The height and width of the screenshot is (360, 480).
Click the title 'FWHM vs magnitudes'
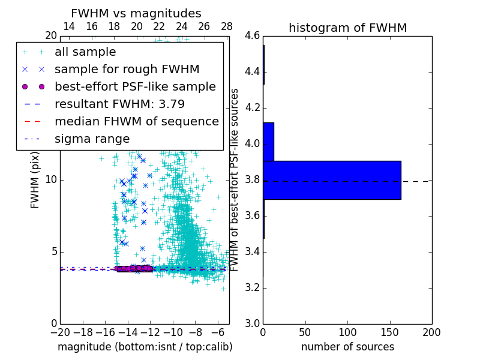[136, 13]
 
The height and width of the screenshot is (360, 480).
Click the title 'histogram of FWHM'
[347, 28]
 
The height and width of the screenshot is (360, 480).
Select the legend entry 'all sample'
[85, 52]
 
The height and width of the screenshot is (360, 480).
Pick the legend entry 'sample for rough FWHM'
[127, 70]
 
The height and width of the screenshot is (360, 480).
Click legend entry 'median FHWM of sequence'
[136, 122]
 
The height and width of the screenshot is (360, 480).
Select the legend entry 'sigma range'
[92, 139]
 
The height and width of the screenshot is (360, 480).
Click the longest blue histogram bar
[332, 180]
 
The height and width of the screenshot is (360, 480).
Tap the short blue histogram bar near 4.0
[268, 142]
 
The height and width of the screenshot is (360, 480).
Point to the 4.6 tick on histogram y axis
[252, 36]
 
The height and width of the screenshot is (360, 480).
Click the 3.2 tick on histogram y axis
[252, 287]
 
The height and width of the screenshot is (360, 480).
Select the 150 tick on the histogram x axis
[389, 332]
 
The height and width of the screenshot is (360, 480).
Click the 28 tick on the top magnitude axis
[227, 26]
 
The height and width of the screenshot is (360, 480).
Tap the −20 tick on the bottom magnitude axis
[60, 332]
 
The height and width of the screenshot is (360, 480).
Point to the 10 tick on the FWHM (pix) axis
[51, 180]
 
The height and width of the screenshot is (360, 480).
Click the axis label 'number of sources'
[347, 347]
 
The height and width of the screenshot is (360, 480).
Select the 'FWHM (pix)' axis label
[35, 180]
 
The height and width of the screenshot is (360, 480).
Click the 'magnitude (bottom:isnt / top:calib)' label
[145, 347]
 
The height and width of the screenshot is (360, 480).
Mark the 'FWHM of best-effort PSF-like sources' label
[235, 180]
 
